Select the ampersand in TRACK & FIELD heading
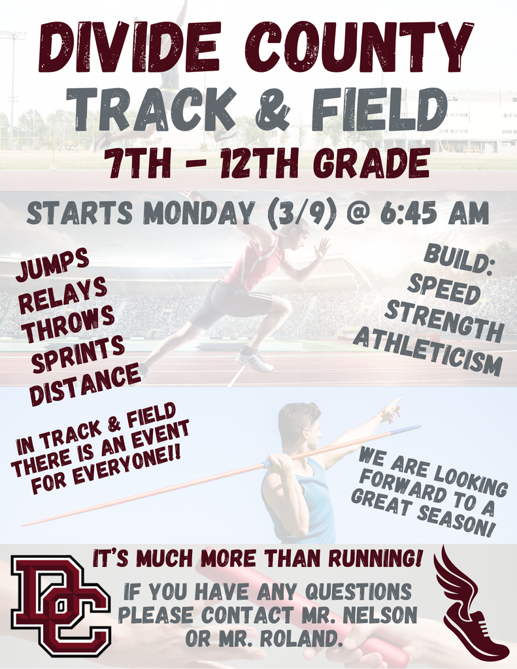273,109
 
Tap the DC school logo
61,606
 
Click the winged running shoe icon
470,604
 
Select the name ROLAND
303,638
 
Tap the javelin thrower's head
301,425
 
